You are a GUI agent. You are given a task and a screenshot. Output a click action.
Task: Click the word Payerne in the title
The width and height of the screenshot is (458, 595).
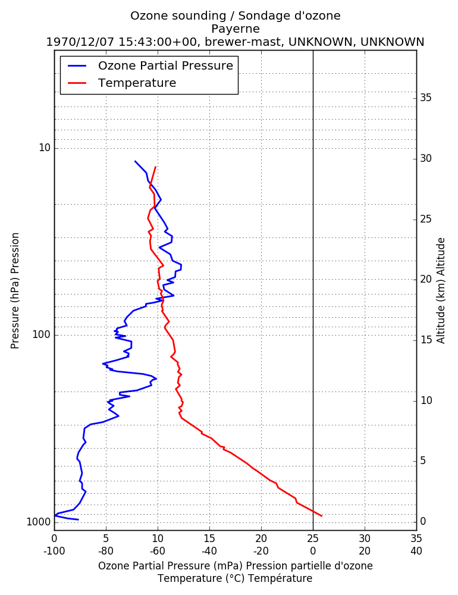pyautogui.click(x=236, y=29)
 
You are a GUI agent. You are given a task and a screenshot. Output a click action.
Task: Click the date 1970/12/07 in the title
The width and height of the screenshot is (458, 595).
pyautogui.click(x=80, y=42)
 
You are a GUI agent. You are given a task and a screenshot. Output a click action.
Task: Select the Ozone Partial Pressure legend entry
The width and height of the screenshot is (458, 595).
pyautogui.click(x=150, y=65)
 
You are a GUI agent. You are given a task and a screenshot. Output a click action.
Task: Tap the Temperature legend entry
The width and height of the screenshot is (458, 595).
pyautogui.click(x=122, y=83)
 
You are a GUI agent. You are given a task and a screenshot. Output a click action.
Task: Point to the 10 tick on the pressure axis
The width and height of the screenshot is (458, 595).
pyautogui.click(x=45, y=148)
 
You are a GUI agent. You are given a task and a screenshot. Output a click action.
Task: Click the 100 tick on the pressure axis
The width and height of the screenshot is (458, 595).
pyautogui.click(x=42, y=334)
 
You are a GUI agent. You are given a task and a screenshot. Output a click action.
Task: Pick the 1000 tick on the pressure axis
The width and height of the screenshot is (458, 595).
pyautogui.click(x=39, y=522)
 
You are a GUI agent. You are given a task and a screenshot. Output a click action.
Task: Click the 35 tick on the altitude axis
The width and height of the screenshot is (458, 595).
pyautogui.click(x=426, y=98)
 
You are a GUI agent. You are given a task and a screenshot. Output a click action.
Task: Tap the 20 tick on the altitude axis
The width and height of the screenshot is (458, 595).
pyautogui.click(x=426, y=279)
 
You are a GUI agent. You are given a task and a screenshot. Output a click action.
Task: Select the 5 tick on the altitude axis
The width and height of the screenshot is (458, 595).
pyautogui.click(x=423, y=461)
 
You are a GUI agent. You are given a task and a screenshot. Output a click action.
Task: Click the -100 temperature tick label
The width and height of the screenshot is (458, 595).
pyautogui.click(x=54, y=551)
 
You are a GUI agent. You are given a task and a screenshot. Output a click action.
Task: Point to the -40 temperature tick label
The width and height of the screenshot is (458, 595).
pyautogui.click(x=209, y=551)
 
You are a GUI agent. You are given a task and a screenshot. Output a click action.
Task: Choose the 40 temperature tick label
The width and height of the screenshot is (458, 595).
pyautogui.click(x=416, y=551)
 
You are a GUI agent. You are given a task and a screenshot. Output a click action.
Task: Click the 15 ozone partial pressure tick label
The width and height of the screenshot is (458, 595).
pyautogui.click(x=209, y=538)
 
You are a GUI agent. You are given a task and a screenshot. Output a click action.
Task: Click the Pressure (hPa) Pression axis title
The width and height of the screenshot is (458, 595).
pyautogui.click(x=15, y=291)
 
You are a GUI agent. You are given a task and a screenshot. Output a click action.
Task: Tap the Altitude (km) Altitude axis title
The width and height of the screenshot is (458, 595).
pyautogui.click(x=441, y=291)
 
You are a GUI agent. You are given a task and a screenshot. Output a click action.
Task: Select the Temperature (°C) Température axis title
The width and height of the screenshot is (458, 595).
pyautogui.click(x=236, y=578)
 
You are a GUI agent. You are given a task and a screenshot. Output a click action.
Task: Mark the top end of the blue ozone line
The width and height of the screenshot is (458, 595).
pyautogui.click(x=134, y=161)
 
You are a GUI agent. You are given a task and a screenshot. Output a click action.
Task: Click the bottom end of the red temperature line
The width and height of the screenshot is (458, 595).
pyautogui.click(x=322, y=516)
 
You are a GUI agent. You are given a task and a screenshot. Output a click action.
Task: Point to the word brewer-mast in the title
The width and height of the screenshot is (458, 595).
pyautogui.click(x=243, y=42)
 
